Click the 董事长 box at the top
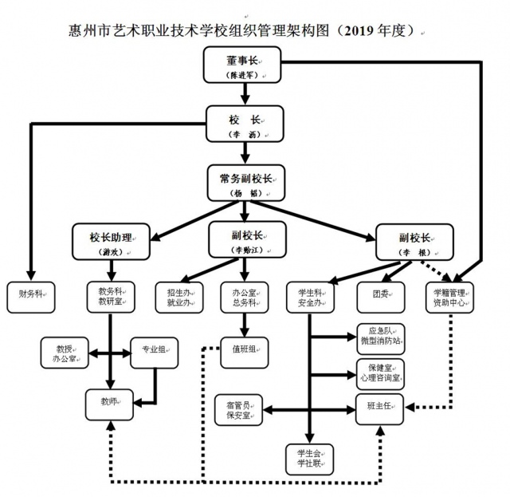[242, 65]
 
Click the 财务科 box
[29, 295]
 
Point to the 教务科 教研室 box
[110, 296]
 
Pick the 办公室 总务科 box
[243, 296]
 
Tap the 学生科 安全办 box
[309, 297]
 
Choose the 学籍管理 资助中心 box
[449, 297]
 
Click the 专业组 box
[154, 352]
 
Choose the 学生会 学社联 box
[309, 458]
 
